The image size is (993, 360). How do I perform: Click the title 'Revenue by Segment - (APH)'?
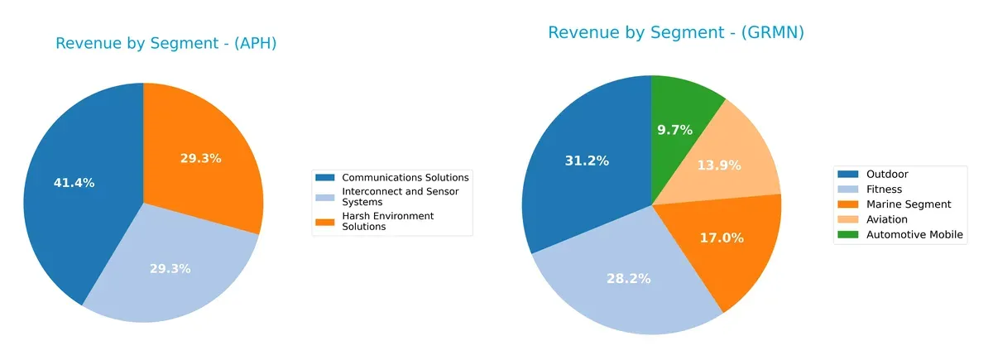point(165,44)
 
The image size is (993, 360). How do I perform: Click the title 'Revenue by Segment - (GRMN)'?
point(676,32)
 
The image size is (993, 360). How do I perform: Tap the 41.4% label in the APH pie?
point(74,183)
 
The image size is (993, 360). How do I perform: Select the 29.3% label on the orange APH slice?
point(201,158)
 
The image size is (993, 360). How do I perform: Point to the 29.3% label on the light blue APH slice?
point(170,268)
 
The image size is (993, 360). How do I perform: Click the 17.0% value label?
point(722,238)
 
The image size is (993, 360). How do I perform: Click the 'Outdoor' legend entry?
point(886,175)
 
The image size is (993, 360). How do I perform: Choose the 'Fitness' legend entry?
point(884,190)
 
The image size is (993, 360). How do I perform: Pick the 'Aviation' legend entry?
point(886,219)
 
